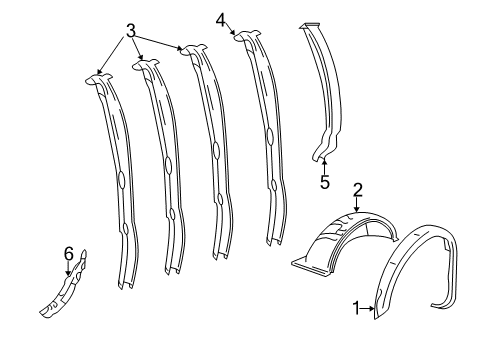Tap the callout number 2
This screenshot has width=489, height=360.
[x=358, y=188]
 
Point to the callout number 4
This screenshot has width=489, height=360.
[x=221, y=17]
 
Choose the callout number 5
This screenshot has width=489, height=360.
[x=324, y=182]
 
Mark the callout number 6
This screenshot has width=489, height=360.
[x=69, y=255]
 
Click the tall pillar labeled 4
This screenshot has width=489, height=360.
[x=262, y=140]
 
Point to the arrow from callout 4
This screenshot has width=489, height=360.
[x=234, y=30]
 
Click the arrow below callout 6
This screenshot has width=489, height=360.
[x=68, y=270]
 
